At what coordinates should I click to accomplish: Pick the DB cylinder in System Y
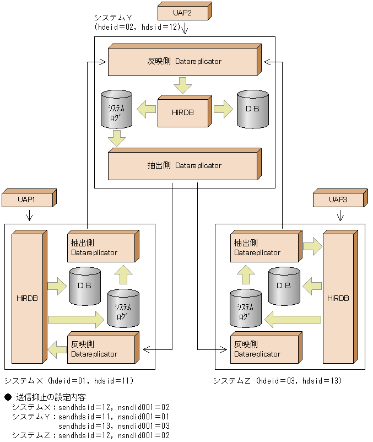point(252,109)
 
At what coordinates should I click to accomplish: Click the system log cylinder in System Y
point(116,109)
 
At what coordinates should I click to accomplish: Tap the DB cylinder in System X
point(85,286)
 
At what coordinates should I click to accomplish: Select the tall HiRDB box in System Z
point(338,298)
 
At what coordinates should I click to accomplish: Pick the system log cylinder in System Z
point(245,309)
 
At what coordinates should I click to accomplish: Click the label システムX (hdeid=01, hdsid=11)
point(69,381)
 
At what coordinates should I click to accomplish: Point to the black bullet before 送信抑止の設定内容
point(8,397)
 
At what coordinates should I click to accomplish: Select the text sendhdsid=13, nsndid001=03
point(113,426)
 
